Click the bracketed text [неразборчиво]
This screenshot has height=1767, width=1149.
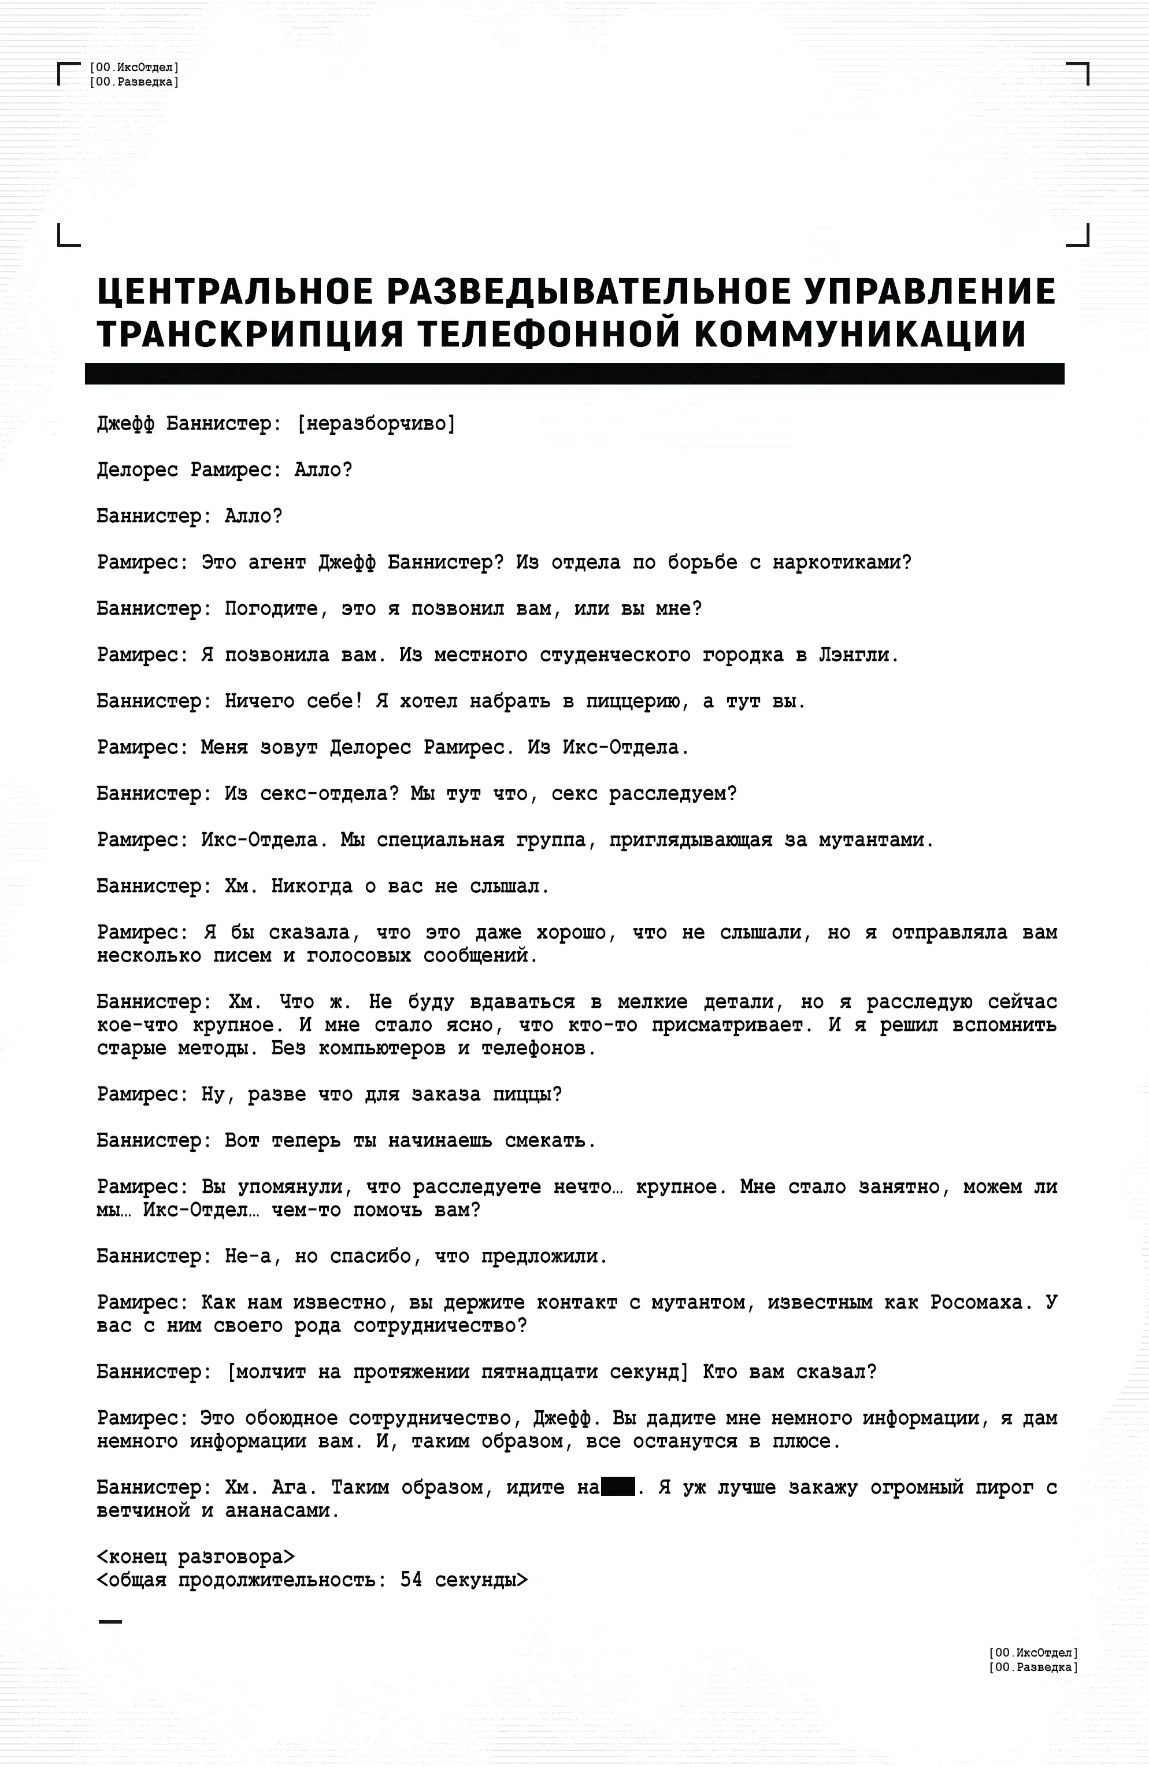coord(376,424)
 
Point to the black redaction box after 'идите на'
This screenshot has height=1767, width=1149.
coord(617,1488)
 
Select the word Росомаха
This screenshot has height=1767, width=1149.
coord(977,1303)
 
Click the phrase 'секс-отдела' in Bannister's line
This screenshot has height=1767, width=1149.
coord(323,794)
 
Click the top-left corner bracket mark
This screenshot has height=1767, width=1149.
coord(67,73)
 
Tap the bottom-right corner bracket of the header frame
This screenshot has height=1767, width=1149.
coord(1078,236)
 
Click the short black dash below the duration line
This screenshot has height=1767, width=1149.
coord(110,1621)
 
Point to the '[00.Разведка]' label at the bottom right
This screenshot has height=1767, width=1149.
coord(1033,1668)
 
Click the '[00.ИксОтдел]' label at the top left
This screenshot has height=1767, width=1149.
coord(134,68)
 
